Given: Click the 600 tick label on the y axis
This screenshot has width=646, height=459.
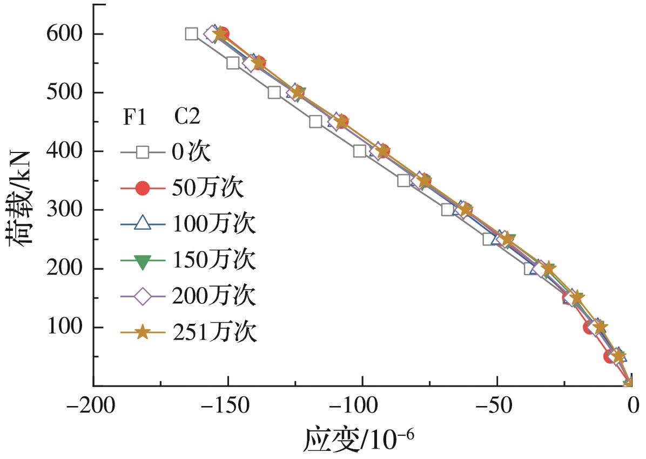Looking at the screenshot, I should pyautogui.click(x=64, y=34).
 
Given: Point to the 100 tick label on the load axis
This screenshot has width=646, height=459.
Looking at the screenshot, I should pyautogui.click(x=64, y=328).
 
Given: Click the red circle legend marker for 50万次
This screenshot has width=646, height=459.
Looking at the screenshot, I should pyautogui.click(x=142, y=188).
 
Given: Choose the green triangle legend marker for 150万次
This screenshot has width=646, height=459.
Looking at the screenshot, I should pyautogui.click(x=142, y=261).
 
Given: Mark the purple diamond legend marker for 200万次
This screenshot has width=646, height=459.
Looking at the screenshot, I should pyautogui.click(x=142, y=296).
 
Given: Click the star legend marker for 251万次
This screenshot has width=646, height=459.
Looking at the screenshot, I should pyautogui.click(x=142, y=332).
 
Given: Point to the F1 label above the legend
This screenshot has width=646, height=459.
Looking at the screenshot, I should pyautogui.click(x=134, y=117).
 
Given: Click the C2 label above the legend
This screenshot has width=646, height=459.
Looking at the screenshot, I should pyautogui.click(x=187, y=117).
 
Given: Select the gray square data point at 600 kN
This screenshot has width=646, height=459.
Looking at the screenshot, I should pyautogui.click(x=191, y=34).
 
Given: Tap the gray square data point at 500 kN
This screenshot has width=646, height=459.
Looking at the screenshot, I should pyautogui.click(x=274, y=92).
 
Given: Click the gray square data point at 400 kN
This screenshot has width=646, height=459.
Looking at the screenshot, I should pyautogui.click(x=360, y=151).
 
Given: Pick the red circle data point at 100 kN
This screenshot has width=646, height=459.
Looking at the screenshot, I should pyautogui.click(x=590, y=327).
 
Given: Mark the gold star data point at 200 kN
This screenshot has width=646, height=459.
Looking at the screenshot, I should pyautogui.click(x=549, y=268).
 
